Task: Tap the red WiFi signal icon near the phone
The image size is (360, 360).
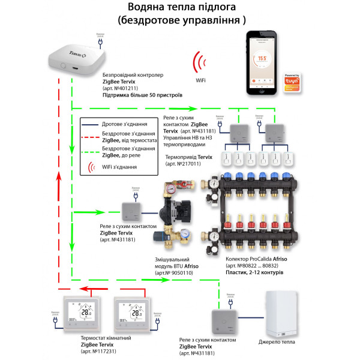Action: pyautogui.click(x=197, y=64)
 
